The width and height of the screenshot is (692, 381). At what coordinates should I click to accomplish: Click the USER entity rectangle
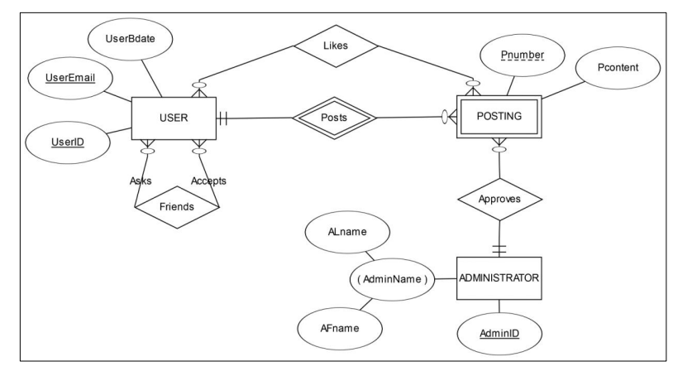pyautogui.click(x=174, y=118)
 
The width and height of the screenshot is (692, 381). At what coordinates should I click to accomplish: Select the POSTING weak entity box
pyautogui.click(x=499, y=118)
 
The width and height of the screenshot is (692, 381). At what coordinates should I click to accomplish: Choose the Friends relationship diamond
pyautogui.click(x=176, y=206)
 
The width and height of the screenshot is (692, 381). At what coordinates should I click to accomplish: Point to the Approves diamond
pyautogui.click(x=499, y=200)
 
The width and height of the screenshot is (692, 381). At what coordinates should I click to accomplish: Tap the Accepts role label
pyautogui.click(x=208, y=180)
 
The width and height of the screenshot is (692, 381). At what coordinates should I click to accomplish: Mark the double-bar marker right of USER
pyautogui.click(x=223, y=118)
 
